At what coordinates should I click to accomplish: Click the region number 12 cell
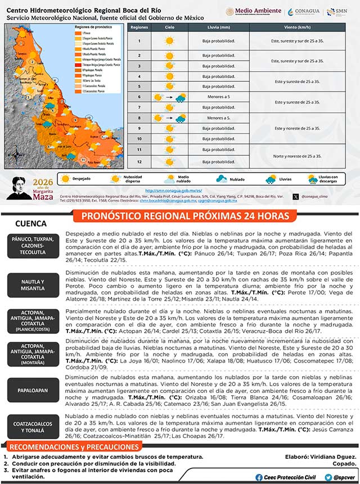139,161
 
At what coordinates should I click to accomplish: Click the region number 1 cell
139,40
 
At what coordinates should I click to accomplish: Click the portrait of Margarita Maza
22,187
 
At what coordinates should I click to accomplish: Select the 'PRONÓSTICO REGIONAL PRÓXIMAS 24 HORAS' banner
185,216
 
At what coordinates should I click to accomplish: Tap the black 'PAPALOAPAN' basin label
33,390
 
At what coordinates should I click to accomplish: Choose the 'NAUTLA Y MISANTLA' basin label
33,284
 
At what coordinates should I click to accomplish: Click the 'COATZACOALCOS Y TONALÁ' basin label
33,426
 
